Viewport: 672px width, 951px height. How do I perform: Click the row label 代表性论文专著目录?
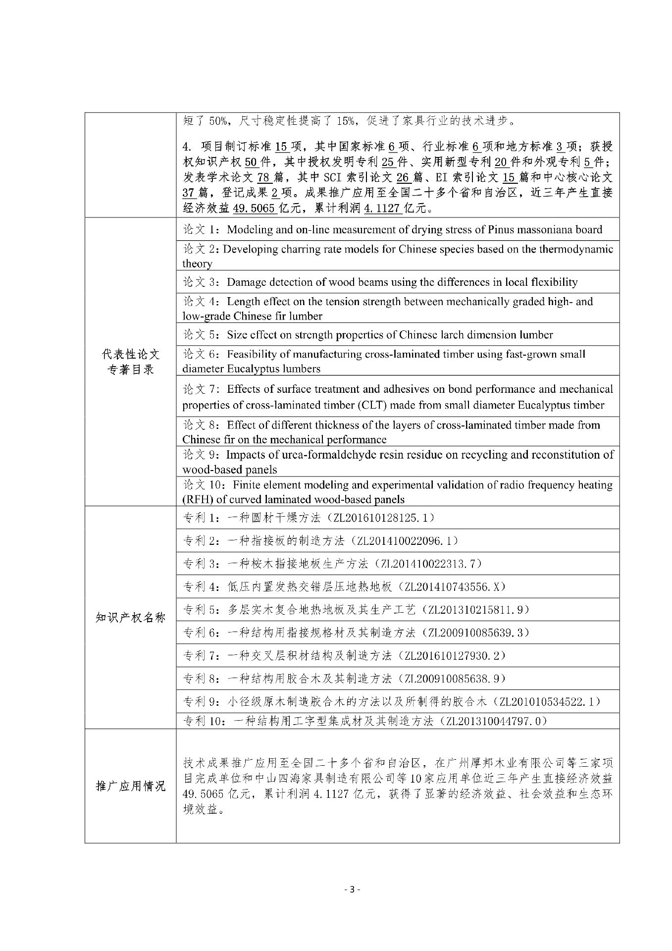pyautogui.click(x=130, y=362)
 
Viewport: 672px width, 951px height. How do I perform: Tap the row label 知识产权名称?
pyautogui.click(x=130, y=617)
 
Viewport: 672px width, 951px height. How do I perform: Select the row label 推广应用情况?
pyautogui.click(x=130, y=786)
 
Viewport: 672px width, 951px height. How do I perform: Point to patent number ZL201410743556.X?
pyautogui.click(x=455, y=587)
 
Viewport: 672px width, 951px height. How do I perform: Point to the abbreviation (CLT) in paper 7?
pyautogui.click(x=355, y=405)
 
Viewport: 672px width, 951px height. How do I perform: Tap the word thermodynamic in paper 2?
pyautogui.click(x=574, y=249)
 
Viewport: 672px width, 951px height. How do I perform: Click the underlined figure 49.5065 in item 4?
pyautogui.click(x=254, y=209)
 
